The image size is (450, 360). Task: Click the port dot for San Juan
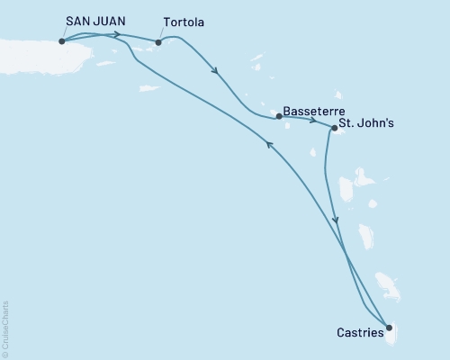pyautogui.click(x=61, y=40)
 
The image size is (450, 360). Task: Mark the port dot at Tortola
pyautogui.click(x=158, y=41)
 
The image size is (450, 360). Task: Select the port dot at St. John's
pyautogui.click(x=334, y=128)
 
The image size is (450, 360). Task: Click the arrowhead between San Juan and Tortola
pyautogui.click(x=118, y=35)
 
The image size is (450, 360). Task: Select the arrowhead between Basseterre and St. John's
pyautogui.click(x=311, y=121)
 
